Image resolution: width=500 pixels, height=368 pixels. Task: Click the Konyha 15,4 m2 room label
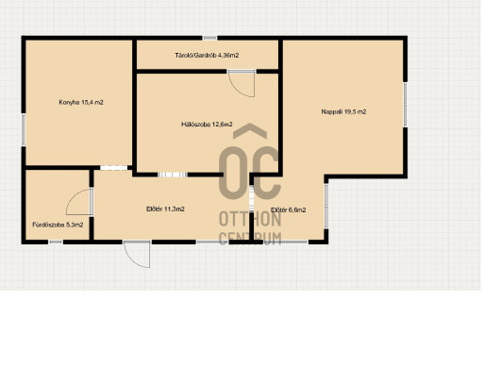pyautogui.click(x=81, y=102)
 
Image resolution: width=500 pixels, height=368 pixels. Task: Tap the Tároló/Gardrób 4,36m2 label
pyautogui.click(x=207, y=56)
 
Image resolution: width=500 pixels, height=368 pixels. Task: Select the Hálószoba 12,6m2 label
pyautogui.click(x=207, y=125)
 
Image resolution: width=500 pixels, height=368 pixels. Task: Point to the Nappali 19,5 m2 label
pyautogui.click(x=343, y=111)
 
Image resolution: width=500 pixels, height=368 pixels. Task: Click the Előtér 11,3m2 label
pyautogui.click(x=165, y=209)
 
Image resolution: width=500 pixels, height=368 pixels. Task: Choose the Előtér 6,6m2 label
pyautogui.click(x=289, y=210)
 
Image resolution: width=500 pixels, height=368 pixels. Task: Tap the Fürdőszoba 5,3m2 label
pyautogui.click(x=58, y=225)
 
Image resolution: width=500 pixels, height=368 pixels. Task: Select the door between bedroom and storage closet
pyautogui.click(x=242, y=84)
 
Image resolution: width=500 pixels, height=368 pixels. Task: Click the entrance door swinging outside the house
pyautogui.click(x=137, y=255)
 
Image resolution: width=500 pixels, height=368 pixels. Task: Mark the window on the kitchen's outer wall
pyautogui.click(x=24, y=130)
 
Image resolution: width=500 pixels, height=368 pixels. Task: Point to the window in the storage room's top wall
pyautogui.click(x=209, y=38)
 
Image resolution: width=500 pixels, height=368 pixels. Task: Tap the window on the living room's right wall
pyautogui.click(x=405, y=105)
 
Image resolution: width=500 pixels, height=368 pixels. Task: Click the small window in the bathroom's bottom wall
pyautogui.click(x=56, y=243)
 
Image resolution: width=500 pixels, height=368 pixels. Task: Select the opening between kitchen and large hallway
pyautogui.click(x=114, y=168)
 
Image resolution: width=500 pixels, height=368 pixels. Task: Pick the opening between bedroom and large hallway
pyautogui.click(x=173, y=175)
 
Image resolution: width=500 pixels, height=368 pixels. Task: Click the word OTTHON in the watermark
pyautogui.click(x=250, y=220)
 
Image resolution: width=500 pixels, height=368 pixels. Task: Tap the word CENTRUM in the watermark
pyautogui.click(x=250, y=238)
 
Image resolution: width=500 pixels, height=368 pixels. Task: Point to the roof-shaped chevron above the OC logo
pyautogui.click(x=250, y=130)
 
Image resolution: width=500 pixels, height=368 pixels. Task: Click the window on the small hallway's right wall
pyautogui.click(x=325, y=206)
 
